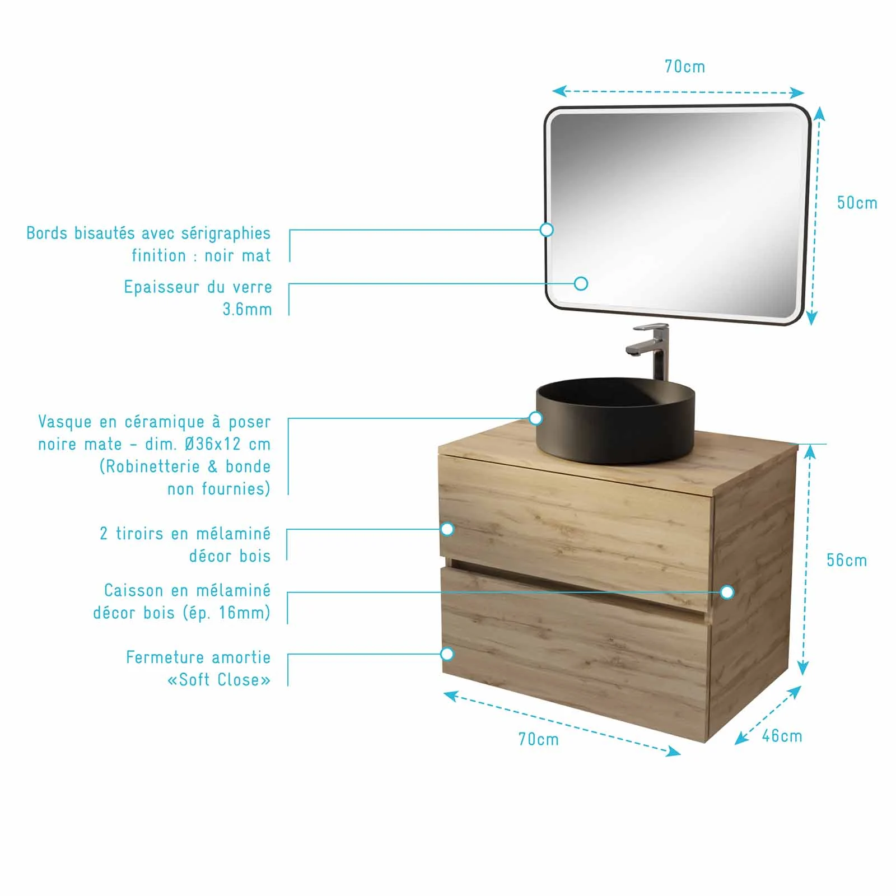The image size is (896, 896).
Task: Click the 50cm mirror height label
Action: pos(857,203)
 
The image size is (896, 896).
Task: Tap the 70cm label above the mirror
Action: pos(684,67)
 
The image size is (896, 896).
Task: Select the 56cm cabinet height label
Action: pos(846,560)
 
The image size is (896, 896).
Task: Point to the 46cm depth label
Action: pos(782,736)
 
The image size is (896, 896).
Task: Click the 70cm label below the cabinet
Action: pos(538,739)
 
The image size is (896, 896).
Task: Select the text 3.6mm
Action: pos(247,309)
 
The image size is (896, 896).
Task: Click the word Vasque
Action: pos(64,422)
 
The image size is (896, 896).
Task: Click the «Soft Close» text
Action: pos(219,680)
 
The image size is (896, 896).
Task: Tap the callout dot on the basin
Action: pos(536,418)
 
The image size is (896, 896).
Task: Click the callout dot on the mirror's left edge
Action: pos(547,230)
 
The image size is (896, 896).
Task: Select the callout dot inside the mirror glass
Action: pos(581,283)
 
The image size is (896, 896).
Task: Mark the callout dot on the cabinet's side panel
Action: pos(727,592)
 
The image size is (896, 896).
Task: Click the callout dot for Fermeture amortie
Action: pos(447,654)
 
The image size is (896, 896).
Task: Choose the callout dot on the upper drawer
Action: pos(447,529)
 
